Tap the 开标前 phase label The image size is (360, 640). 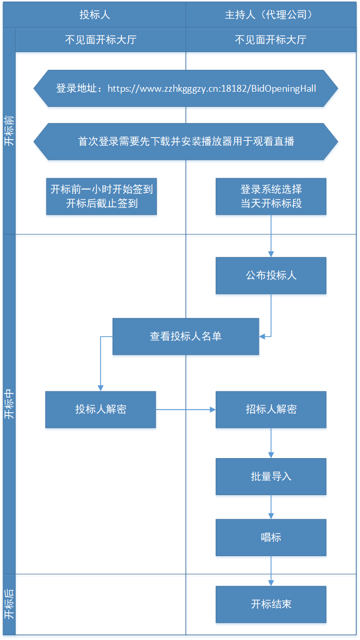click(9, 131)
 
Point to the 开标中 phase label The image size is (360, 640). click(9, 404)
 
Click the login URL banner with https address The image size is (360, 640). click(185, 88)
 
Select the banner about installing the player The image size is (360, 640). click(185, 141)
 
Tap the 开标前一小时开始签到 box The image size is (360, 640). click(102, 196)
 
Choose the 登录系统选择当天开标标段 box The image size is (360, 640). click(271, 196)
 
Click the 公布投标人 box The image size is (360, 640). click(271, 275)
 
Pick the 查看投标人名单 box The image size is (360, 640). click(185, 336)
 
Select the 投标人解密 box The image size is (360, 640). click(101, 410)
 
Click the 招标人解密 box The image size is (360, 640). click(271, 410)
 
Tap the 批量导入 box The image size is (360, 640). click(271, 476)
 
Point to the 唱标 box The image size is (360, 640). click(271, 537)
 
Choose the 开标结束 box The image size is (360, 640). click(271, 604)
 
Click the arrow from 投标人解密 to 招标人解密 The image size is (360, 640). click(185, 410)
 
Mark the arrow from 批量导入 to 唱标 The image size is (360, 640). click(271, 507)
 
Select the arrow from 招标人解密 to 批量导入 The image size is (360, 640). click(271, 443)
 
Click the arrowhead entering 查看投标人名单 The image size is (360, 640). click(262, 336)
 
